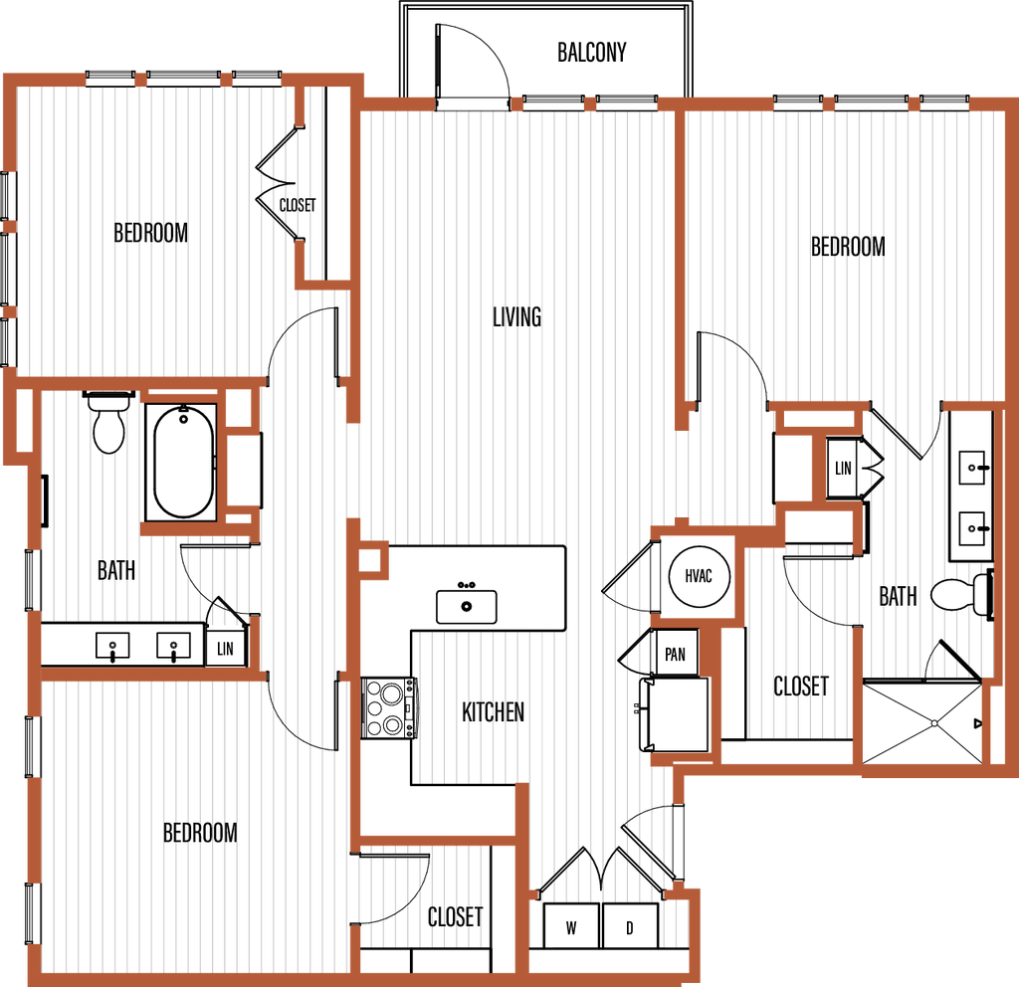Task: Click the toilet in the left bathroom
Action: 108,424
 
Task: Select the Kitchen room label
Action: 494,712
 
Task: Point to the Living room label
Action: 517,316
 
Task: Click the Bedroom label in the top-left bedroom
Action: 151,234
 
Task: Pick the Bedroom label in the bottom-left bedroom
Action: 199,832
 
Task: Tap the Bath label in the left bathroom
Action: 116,570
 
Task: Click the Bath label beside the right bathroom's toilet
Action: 899,596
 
